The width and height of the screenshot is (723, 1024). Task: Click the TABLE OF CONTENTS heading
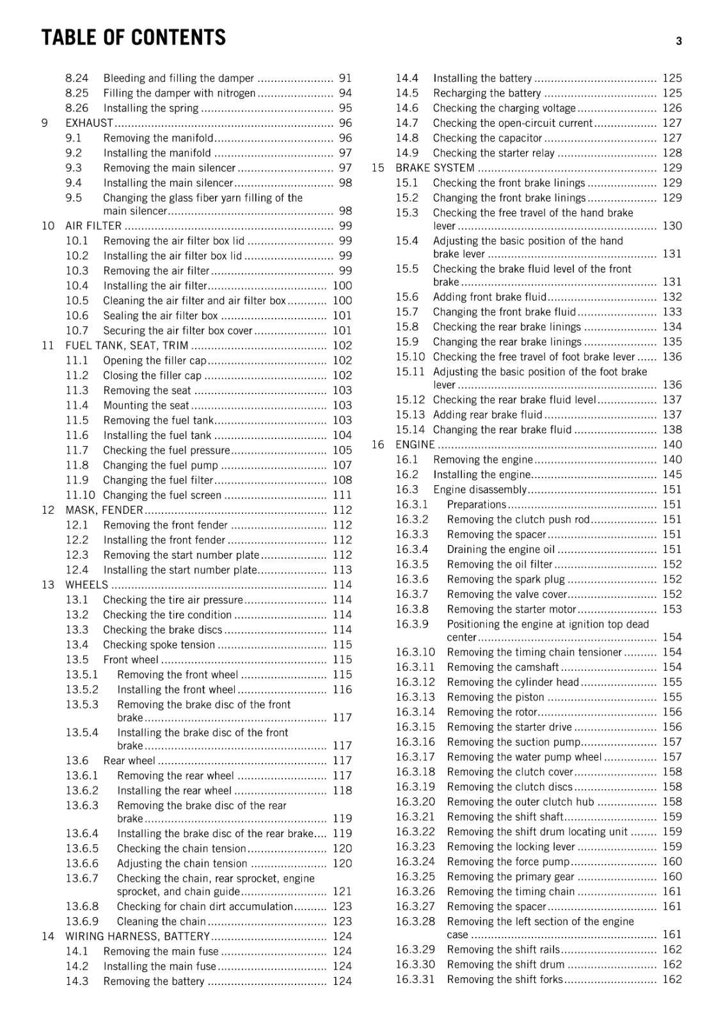[x=134, y=38]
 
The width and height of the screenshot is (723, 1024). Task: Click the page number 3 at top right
[x=679, y=42]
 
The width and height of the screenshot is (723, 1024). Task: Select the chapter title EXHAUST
[x=89, y=123]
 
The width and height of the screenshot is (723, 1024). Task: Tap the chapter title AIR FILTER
[x=93, y=226]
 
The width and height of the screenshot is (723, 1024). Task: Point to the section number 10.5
[x=77, y=301]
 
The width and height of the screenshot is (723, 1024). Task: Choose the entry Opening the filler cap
[x=155, y=361]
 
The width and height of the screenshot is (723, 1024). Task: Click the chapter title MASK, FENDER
[x=104, y=510]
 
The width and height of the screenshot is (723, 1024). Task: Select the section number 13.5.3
[x=82, y=705]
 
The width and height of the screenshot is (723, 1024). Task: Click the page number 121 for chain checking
[x=342, y=892]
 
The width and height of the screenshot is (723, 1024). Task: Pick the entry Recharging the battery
[x=487, y=93]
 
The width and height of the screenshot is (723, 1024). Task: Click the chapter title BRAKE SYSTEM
[x=435, y=168]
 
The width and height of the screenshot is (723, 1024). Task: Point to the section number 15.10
[x=410, y=357]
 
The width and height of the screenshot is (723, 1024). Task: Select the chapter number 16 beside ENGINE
[x=378, y=445]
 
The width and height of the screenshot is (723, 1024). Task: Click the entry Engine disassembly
[x=480, y=490]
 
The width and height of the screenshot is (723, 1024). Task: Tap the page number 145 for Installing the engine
[x=672, y=475]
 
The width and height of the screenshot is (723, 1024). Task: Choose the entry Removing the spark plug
[x=506, y=580]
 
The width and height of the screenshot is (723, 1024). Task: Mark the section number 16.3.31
[x=415, y=980]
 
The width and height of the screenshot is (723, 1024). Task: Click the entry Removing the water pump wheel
[x=525, y=757]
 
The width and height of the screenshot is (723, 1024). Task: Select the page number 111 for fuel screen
[x=342, y=495]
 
